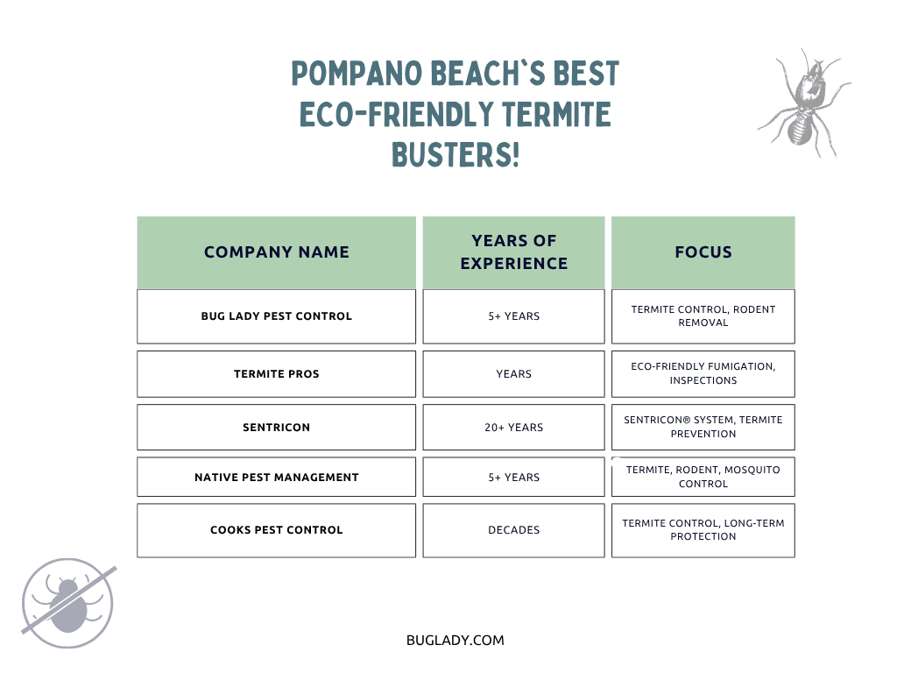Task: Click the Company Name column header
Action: [x=276, y=252]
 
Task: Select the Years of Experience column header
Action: [x=513, y=252]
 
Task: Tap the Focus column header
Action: [x=703, y=252]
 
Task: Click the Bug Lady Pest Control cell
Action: [x=276, y=316]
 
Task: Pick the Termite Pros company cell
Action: [x=276, y=374]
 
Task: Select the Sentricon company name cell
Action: [x=276, y=428]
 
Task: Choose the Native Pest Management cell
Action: [x=276, y=478]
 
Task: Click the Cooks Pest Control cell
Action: [x=276, y=530]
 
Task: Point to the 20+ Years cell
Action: [x=513, y=428]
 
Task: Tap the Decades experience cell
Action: [x=513, y=530]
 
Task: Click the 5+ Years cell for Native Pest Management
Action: [x=513, y=478]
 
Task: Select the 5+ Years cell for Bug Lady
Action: [x=513, y=316]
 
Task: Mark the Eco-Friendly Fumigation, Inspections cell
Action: [x=703, y=374]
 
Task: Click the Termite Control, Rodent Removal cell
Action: [x=703, y=316]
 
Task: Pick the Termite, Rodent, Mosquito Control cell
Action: [x=703, y=478]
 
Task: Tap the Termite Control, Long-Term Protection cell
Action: [x=703, y=530]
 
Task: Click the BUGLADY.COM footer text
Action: [x=456, y=641]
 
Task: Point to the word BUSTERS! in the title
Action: [x=456, y=155]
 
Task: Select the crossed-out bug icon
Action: [x=68, y=603]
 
